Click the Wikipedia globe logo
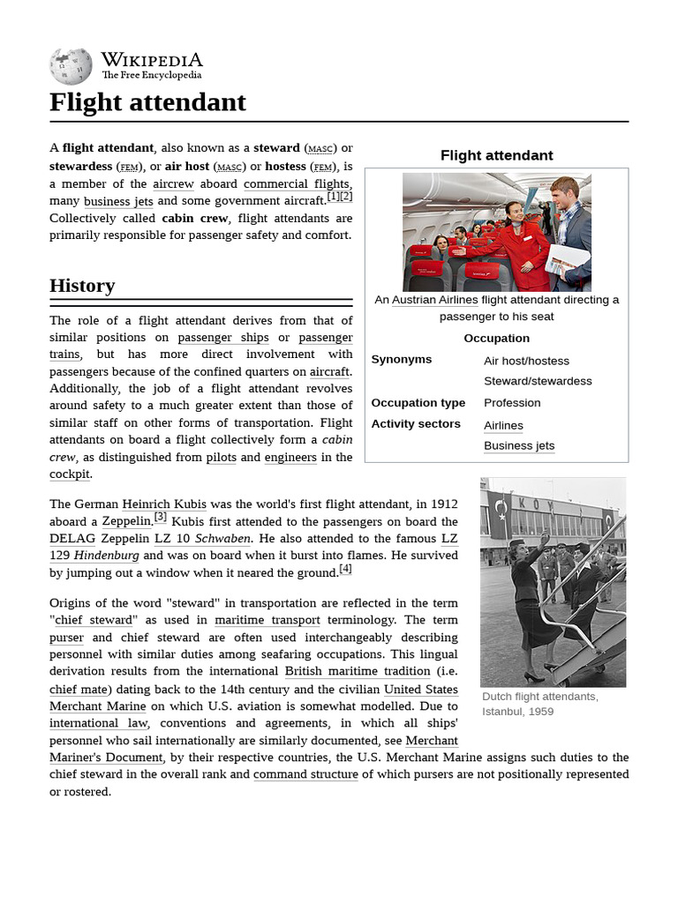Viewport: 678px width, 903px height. (x=71, y=67)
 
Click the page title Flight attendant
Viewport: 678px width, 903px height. (x=147, y=102)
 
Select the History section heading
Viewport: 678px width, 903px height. (x=82, y=286)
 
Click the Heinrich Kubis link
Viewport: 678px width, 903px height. (x=164, y=504)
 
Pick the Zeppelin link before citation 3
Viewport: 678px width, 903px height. (x=126, y=521)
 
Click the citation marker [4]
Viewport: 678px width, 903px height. (x=345, y=570)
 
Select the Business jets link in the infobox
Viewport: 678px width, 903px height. (x=519, y=445)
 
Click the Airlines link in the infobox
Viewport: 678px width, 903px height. (x=503, y=425)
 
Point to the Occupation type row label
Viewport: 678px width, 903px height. (x=418, y=402)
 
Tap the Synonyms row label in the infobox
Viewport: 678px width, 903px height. (x=402, y=360)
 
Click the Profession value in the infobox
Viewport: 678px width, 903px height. (x=512, y=402)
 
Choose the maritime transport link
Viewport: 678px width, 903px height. (x=267, y=620)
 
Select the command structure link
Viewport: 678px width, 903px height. (x=305, y=774)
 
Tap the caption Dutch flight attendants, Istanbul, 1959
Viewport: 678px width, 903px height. (x=539, y=704)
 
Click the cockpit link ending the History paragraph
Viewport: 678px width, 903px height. (x=70, y=474)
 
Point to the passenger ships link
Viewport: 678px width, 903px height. (x=222, y=338)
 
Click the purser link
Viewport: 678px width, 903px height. (x=66, y=638)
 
